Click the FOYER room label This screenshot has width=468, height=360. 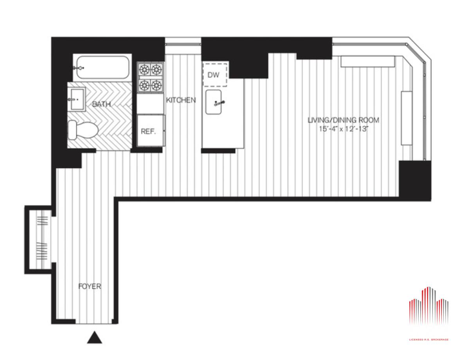[90, 286]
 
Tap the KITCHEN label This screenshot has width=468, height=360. [181, 100]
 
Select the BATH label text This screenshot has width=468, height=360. [101, 104]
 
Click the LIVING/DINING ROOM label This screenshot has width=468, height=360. [344, 120]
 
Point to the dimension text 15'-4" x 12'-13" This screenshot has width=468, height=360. [344, 129]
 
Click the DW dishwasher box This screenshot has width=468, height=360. [215, 75]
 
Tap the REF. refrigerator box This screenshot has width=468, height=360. [150, 131]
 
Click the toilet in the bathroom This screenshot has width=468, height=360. [83, 130]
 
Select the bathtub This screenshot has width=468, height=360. [103, 68]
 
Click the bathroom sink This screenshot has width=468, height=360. [77, 99]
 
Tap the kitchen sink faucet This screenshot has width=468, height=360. [220, 103]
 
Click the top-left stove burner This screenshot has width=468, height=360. [144, 70]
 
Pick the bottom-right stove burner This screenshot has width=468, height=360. [157, 86]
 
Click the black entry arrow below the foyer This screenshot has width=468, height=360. [95, 338]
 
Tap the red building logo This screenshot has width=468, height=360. [429, 306]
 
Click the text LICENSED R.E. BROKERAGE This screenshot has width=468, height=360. [429, 340]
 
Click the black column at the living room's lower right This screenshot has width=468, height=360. [415, 181]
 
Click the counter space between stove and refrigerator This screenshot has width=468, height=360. [150, 104]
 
